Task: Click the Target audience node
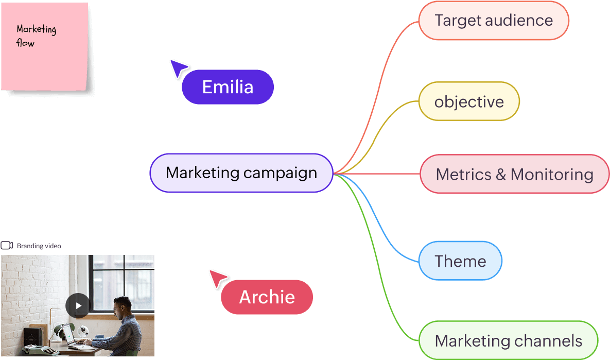[x=494, y=21]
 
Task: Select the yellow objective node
[x=469, y=101]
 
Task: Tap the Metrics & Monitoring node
[x=514, y=174]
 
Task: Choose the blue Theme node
[x=460, y=261]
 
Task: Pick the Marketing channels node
[x=508, y=340]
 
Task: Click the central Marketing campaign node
[x=241, y=173]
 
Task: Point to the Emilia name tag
[x=228, y=87]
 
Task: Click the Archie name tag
[x=267, y=297]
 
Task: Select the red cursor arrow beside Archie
[x=217, y=278]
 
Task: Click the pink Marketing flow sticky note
[x=44, y=46]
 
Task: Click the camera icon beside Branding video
[x=7, y=246]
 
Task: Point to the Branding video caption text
[x=39, y=246]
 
